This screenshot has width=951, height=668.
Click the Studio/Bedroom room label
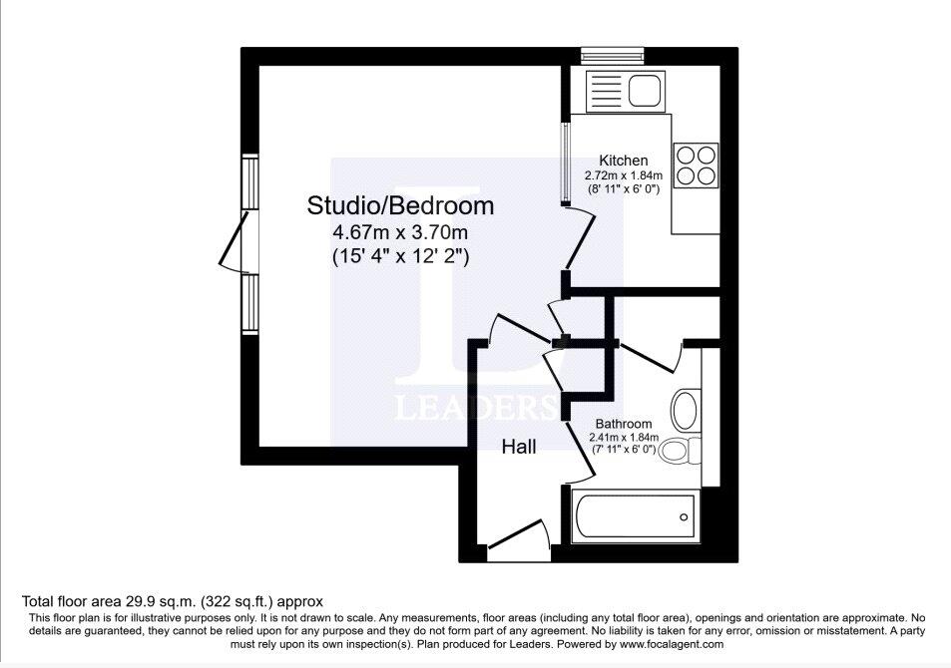pyautogui.click(x=400, y=206)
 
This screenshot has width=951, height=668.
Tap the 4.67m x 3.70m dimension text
pyautogui.click(x=400, y=233)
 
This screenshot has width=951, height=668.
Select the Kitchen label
pyautogui.click(x=623, y=161)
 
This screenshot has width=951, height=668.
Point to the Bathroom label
pyautogui.click(x=624, y=424)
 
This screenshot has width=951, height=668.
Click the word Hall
pyautogui.click(x=518, y=448)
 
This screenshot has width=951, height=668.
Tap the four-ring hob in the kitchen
pyautogui.click(x=696, y=166)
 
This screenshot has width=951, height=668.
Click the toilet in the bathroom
pyautogui.click(x=680, y=452)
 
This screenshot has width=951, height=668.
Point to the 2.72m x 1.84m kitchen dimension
pyautogui.click(x=623, y=175)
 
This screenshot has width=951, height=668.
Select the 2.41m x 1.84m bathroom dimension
pyautogui.click(x=624, y=437)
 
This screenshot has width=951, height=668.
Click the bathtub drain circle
pyautogui.click(x=684, y=516)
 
